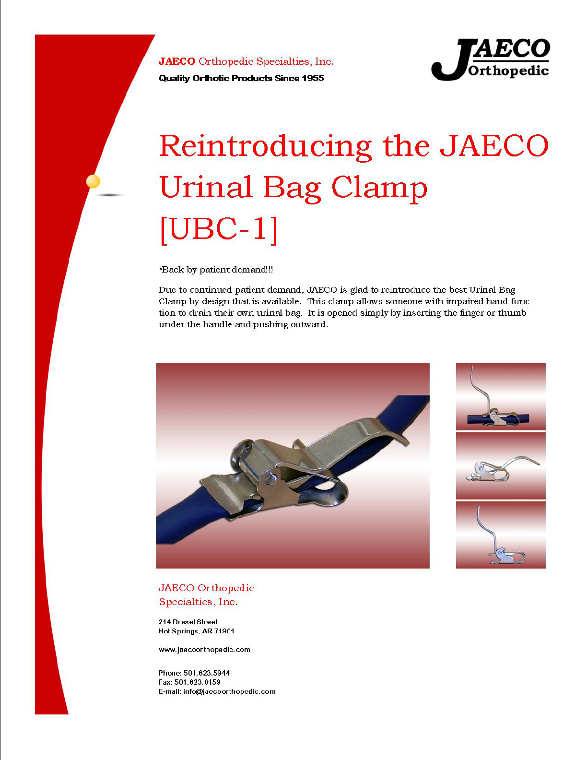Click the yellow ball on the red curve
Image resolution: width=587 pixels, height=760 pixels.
coord(93,181)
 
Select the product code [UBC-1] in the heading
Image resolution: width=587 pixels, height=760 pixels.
coord(219,229)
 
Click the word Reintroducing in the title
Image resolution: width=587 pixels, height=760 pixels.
coord(265,146)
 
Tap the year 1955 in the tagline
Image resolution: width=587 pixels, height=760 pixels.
coord(313,78)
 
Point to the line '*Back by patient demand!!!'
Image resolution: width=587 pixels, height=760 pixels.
coord(216,270)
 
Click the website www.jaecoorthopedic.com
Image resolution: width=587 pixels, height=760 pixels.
coord(204,650)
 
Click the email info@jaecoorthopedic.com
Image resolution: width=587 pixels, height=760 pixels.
coord(229,691)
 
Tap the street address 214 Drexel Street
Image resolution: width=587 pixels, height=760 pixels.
coord(188,621)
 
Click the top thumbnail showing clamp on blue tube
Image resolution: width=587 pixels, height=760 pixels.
coord(501,397)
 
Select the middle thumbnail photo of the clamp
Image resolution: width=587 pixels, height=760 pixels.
coord(501,465)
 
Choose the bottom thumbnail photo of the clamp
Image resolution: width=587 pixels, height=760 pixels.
coord(501,535)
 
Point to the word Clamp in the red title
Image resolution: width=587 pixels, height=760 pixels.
coord(379,189)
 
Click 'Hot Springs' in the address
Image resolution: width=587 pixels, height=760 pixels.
coord(178,631)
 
